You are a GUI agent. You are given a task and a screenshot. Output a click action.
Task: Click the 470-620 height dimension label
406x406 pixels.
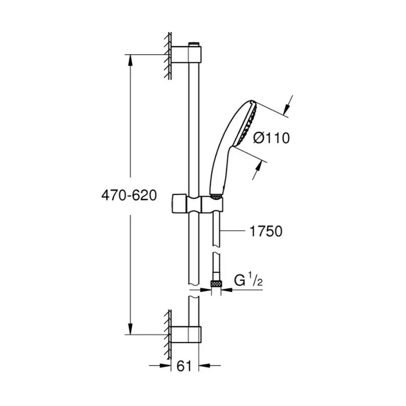coord(129,195)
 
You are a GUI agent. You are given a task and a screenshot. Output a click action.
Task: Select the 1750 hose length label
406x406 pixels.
coord(266,231)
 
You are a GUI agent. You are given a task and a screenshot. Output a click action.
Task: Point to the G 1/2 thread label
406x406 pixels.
coord(248,281)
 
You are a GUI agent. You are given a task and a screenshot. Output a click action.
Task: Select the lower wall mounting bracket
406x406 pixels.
coord(186,335)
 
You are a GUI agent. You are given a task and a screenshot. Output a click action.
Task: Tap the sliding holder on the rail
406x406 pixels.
coord(197,204)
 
